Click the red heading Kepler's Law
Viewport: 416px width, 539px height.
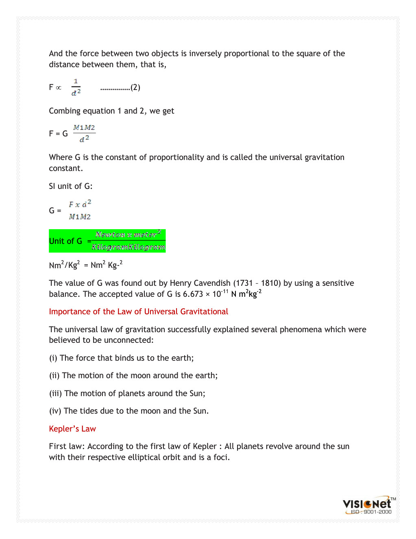72,429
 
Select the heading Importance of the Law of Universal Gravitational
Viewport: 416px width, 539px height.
138,311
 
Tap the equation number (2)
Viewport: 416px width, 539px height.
135,88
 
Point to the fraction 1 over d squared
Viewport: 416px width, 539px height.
76,88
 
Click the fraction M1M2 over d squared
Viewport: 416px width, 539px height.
84,134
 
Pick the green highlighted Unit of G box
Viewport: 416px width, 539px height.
107,241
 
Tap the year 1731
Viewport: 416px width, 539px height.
244,283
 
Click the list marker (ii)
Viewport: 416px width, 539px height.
54,375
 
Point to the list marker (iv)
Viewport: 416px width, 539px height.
55,411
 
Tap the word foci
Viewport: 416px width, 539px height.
221,457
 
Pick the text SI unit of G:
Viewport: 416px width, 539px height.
71,186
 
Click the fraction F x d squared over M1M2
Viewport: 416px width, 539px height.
80,210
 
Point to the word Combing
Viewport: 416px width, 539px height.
65,111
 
